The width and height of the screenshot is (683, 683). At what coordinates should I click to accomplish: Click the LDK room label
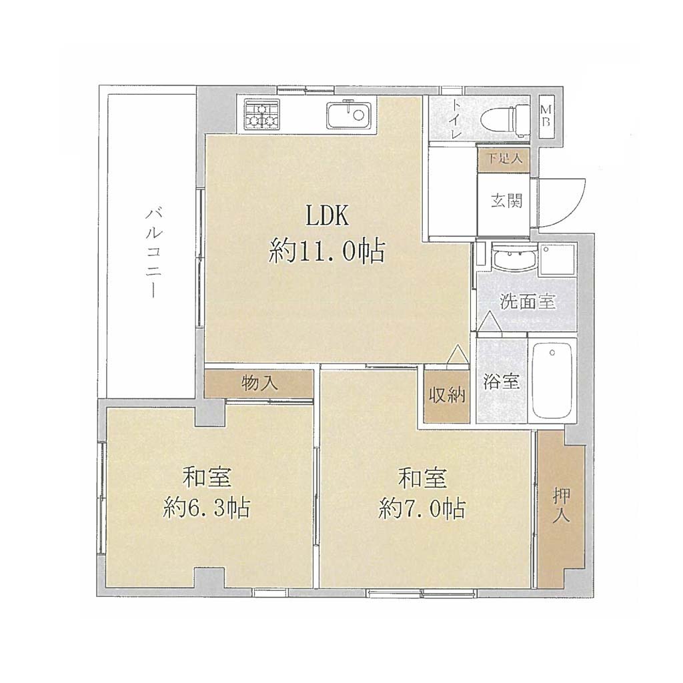(x=327, y=215)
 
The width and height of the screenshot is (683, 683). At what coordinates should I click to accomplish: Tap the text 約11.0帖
(x=327, y=251)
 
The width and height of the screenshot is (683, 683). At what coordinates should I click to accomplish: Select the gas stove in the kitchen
(x=261, y=115)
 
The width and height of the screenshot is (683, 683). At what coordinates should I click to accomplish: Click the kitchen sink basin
(x=349, y=115)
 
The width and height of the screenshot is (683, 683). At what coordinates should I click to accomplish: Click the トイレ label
(x=456, y=119)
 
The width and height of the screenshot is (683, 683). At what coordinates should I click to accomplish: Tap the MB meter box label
(x=546, y=116)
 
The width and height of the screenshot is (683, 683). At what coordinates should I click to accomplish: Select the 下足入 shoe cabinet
(x=504, y=159)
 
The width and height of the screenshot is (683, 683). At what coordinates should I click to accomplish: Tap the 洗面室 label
(x=528, y=301)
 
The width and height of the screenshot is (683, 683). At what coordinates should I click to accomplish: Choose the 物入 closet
(x=259, y=384)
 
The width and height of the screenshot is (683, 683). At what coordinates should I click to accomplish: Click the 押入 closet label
(x=562, y=506)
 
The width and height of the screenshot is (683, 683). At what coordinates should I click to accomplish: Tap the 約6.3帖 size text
(x=207, y=508)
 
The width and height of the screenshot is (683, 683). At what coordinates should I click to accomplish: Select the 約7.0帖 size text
(x=422, y=508)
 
